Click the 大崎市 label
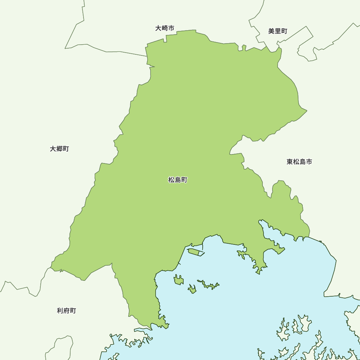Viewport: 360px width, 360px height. click(x=165, y=28)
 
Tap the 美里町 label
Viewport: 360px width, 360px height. click(x=278, y=31)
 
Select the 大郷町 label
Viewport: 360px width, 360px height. click(x=59, y=149)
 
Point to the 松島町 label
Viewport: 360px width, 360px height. click(x=178, y=180)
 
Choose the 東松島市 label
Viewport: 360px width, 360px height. click(x=299, y=162)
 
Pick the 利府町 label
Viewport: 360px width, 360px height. click(x=67, y=310)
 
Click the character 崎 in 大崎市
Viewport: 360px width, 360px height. click(x=165, y=28)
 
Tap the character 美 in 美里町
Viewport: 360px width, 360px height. click(x=271, y=31)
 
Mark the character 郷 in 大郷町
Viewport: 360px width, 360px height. click(x=59, y=149)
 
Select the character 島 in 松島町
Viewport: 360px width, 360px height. click(x=178, y=180)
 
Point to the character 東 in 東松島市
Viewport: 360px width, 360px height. click(x=290, y=162)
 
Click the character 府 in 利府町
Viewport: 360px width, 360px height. click(x=67, y=310)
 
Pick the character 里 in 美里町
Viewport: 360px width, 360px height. click(x=278, y=31)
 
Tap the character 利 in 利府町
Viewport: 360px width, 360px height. click(x=60, y=310)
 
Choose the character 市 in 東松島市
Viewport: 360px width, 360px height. click(x=309, y=162)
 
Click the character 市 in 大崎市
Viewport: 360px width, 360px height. click(x=171, y=28)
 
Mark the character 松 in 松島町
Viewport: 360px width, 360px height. click(x=171, y=180)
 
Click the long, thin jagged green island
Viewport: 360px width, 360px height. click(x=209, y=285)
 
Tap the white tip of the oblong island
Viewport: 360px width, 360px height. click(x=201, y=254)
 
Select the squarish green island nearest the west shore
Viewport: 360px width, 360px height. click(x=179, y=280)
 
